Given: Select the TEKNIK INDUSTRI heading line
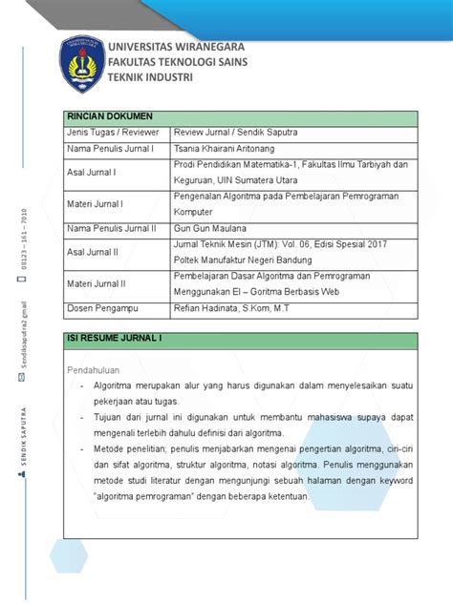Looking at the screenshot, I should point(151,76).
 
